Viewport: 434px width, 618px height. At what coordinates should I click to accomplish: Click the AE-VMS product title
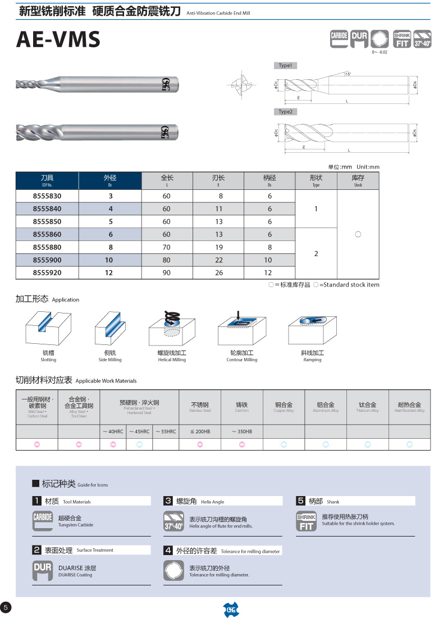tap(58, 40)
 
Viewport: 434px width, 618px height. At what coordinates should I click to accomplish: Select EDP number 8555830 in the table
tap(47, 196)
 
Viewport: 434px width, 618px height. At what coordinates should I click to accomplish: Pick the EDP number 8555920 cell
tap(47, 273)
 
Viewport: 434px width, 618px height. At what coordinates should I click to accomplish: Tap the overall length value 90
tap(166, 273)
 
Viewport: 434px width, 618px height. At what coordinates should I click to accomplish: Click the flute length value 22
tap(218, 260)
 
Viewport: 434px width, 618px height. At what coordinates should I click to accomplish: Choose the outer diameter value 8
tap(111, 247)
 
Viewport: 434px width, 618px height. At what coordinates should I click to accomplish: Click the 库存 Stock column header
tap(358, 180)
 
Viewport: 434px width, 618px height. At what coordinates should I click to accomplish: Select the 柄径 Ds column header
tap(269, 180)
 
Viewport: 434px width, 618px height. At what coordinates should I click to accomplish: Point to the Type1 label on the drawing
tap(285, 66)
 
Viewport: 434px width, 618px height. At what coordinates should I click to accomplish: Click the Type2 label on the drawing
tap(286, 112)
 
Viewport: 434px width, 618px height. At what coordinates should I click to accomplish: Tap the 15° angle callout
tap(348, 74)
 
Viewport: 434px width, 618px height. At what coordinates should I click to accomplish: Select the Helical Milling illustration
tap(171, 329)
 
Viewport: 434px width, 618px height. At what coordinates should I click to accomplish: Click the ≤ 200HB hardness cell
tap(200, 431)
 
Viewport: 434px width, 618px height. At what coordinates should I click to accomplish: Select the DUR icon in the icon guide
tap(43, 571)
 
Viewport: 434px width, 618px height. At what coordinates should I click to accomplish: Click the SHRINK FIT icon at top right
tap(402, 39)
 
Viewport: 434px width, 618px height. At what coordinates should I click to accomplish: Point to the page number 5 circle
tap(6, 607)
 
